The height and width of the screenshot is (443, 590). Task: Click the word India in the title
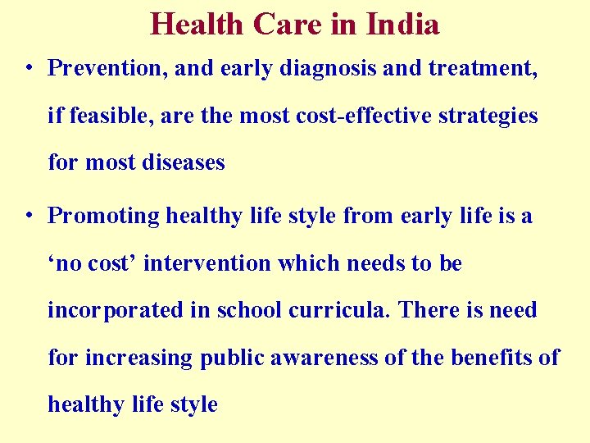coord(402,25)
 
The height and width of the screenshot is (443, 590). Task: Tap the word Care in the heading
coord(289,25)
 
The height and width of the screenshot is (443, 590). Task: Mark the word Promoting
coord(104,216)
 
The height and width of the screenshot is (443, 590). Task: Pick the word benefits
coord(486,358)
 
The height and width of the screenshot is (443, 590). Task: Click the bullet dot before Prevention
coord(29,68)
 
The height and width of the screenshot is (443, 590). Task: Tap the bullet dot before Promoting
coord(29,216)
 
